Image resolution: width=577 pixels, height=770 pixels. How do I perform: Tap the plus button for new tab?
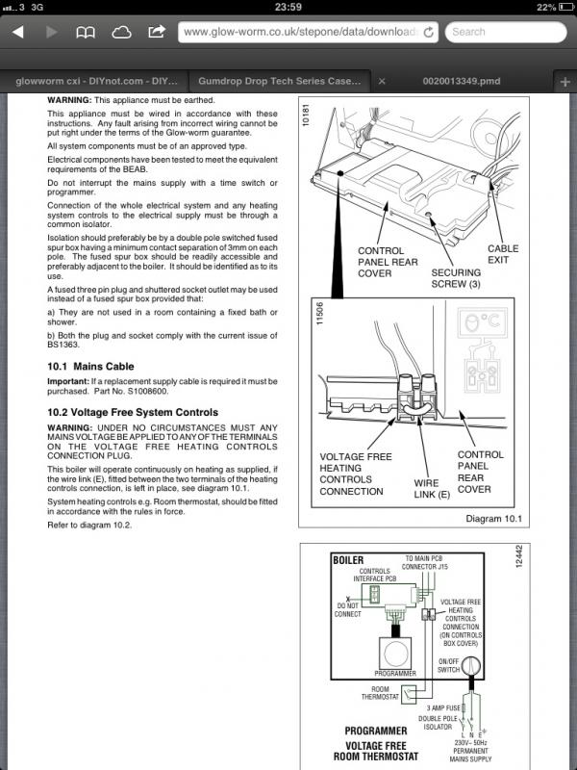tap(564, 82)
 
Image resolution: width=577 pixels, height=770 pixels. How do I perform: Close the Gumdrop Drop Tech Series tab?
tap(382, 82)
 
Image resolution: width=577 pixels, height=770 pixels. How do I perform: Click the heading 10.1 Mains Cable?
tap(91, 367)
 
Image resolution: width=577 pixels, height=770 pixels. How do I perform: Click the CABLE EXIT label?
tap(503, 254)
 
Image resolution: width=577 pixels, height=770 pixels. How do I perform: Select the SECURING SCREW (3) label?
tap(456, 278)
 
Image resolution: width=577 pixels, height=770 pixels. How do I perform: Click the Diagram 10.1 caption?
tap(491, 521)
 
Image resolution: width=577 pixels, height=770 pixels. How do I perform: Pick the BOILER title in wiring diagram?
tap(347, 559)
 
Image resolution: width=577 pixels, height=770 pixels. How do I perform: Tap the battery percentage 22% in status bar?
tap(544, 7)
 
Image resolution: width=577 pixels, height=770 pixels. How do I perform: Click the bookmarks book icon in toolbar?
tap(86, 32)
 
